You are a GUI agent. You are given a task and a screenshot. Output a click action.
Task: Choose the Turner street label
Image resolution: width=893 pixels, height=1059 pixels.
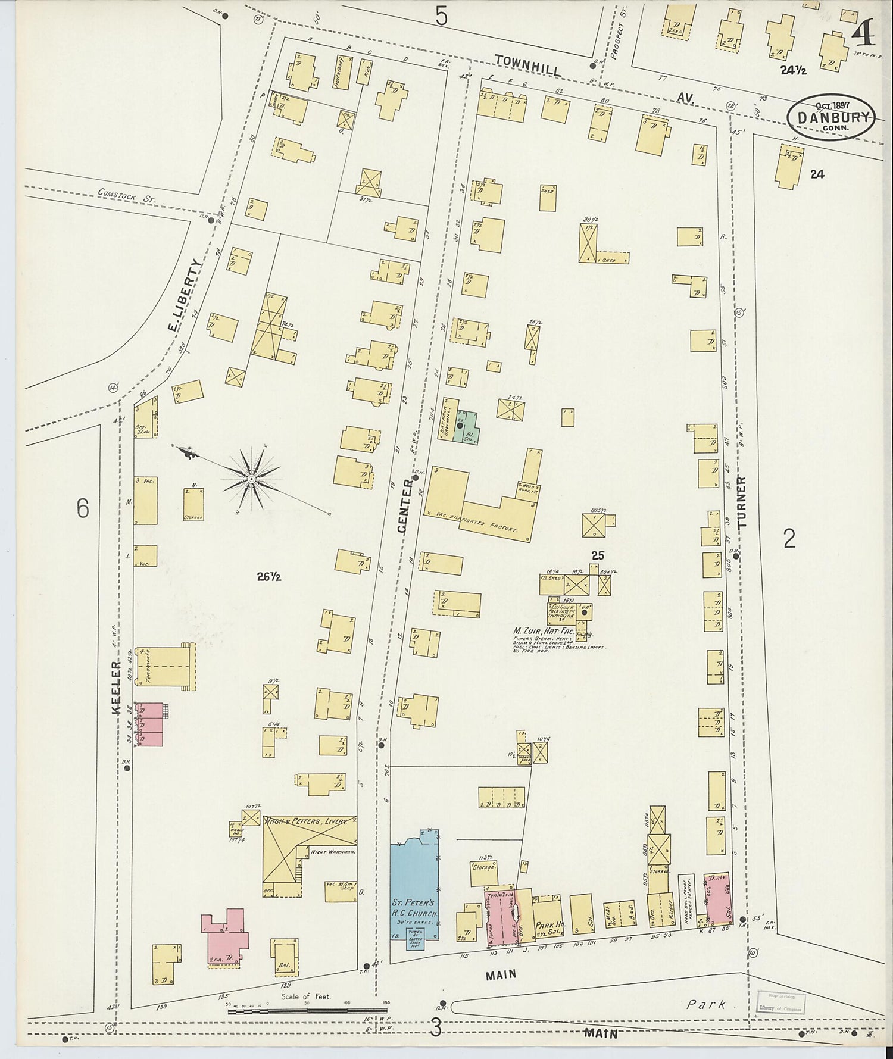click(741, 502)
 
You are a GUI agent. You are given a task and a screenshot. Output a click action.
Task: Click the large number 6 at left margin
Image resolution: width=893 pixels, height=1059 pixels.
click(82, 508)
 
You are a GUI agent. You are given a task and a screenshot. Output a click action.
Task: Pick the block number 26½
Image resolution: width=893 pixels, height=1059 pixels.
click(269, 576)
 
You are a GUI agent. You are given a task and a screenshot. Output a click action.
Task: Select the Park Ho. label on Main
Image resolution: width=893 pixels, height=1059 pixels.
click(546, 926)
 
